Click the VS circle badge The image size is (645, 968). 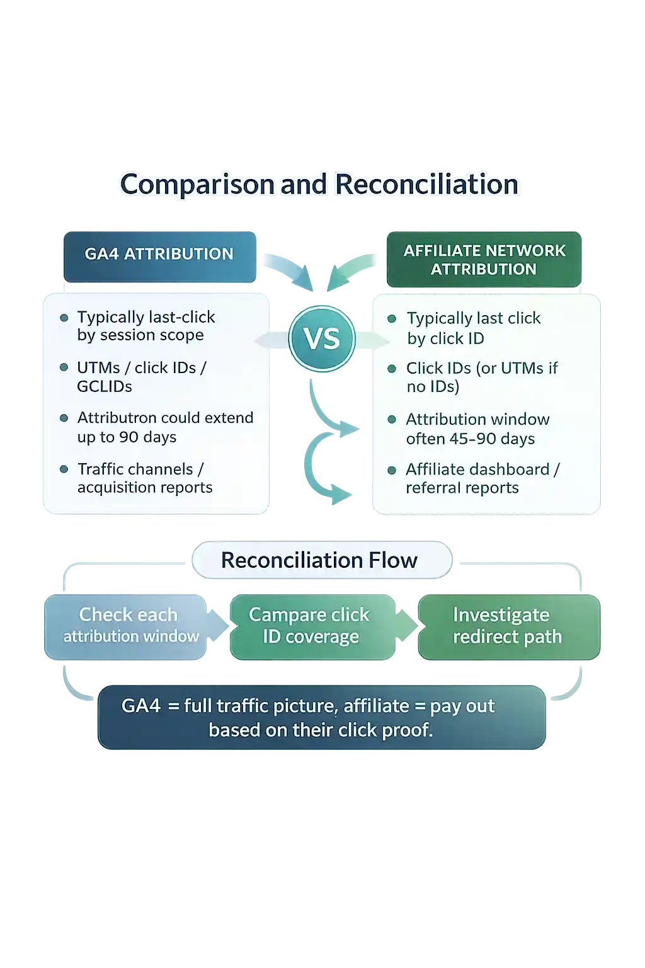(x=322, y=338)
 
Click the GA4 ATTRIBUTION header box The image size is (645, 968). (x=159, y=255)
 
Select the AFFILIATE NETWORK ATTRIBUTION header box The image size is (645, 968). (x=484, y=260)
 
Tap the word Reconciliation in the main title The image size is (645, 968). (x=426, y=185)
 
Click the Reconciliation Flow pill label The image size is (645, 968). (x=320, y=560)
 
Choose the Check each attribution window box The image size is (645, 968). (x=128, y=626)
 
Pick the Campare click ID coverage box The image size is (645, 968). (x=310, y=626)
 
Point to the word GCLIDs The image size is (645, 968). (x=105, y=386)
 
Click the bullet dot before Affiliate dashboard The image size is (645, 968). (x=392, y=470)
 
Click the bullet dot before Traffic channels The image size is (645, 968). (x=64, y=470)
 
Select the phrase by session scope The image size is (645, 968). (x=140, y=335)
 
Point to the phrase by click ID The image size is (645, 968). (x=445, y=338)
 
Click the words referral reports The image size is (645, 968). (x=462, y=488)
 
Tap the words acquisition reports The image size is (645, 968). (x=145, y=488)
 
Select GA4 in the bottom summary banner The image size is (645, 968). (x=141, y=706)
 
